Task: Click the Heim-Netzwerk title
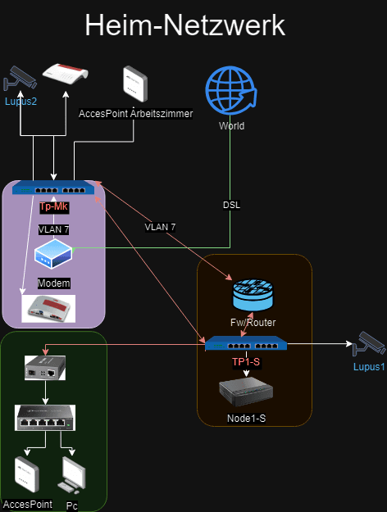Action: (185, 25)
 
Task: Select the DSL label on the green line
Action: (231, 205)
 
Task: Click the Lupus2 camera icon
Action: (20, 78)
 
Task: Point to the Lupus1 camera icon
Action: (369, 343)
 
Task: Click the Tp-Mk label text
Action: (53, 206)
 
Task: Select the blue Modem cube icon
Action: (53, 254)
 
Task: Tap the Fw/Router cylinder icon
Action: (253, 294)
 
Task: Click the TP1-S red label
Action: (246, 362)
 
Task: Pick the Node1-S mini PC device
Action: (246, 392)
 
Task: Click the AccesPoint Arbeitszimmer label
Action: (135, 113)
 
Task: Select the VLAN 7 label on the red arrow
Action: (160, 227)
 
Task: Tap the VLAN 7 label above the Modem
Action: (53, 229)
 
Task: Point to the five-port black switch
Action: (45, 418)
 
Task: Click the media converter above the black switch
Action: (45, 368)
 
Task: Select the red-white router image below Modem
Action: (48, 309)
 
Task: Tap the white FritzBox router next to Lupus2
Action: (66, 74)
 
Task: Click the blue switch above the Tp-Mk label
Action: (53, 188)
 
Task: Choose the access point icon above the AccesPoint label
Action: (27, 474)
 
